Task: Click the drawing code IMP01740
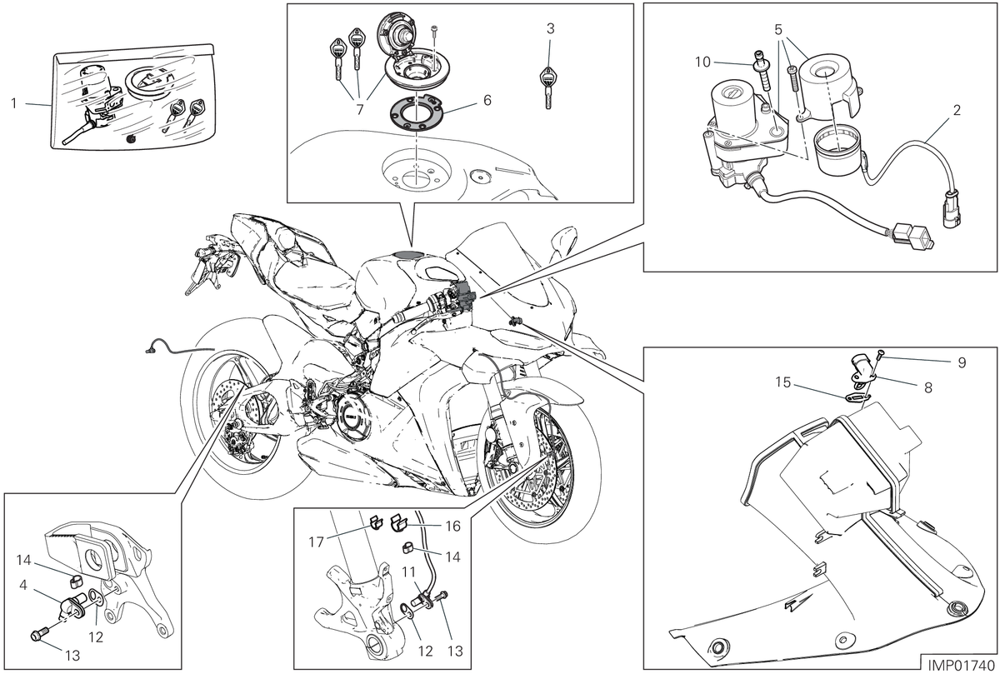point(961,665)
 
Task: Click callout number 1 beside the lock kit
point(14,103)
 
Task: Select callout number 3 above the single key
point(551,28)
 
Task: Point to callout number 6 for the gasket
point(487,100)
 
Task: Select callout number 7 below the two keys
point(360,109)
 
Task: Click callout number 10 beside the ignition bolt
point(702,62)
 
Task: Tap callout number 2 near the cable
point(957,110)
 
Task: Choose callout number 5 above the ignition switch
point(778,30)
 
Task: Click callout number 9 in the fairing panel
point(962,362)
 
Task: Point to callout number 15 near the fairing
point(783,382)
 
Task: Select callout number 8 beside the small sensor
point(928,388)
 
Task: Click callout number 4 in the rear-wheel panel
point(23,585)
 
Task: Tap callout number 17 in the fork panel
point(316,542)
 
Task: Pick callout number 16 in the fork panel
point(452,527)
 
